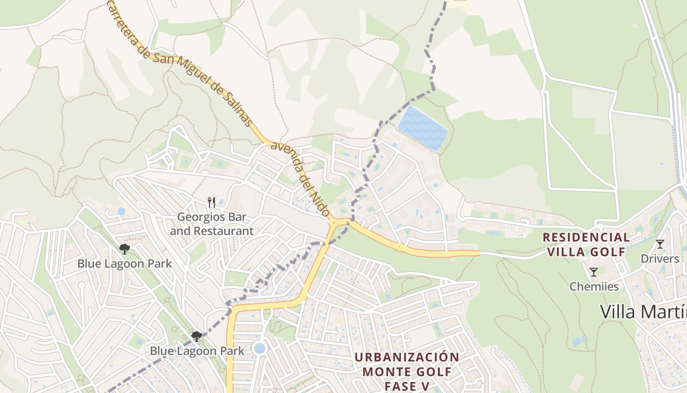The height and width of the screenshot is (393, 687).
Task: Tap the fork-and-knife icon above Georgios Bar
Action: (x=211, y=202)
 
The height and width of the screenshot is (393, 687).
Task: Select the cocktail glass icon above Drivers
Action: (x=660, y=244)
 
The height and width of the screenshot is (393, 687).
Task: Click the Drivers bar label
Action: (x=660, y=259)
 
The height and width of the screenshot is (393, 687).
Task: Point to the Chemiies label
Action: (x=594, y=286)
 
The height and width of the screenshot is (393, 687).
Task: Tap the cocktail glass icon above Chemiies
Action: (x=594, y=272)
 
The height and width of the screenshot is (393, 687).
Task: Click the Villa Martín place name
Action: (x=643, y=311)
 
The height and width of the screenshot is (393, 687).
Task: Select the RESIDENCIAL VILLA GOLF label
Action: (x=586, y=245)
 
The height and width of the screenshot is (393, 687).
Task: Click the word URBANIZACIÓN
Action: (x=407, y=357)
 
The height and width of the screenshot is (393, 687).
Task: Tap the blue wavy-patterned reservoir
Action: (x=423, y=128)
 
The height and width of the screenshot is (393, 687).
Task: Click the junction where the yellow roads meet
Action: (x=335, y=223)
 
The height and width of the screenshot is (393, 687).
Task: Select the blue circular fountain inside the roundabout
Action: (x=260, y=348)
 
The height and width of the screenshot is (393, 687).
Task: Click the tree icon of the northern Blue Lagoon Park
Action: (x=125, y=249)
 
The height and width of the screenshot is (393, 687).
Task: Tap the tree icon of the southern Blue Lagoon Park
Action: (x=197, y=337)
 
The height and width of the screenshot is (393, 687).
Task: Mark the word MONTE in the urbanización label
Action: (x=383, y=371)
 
